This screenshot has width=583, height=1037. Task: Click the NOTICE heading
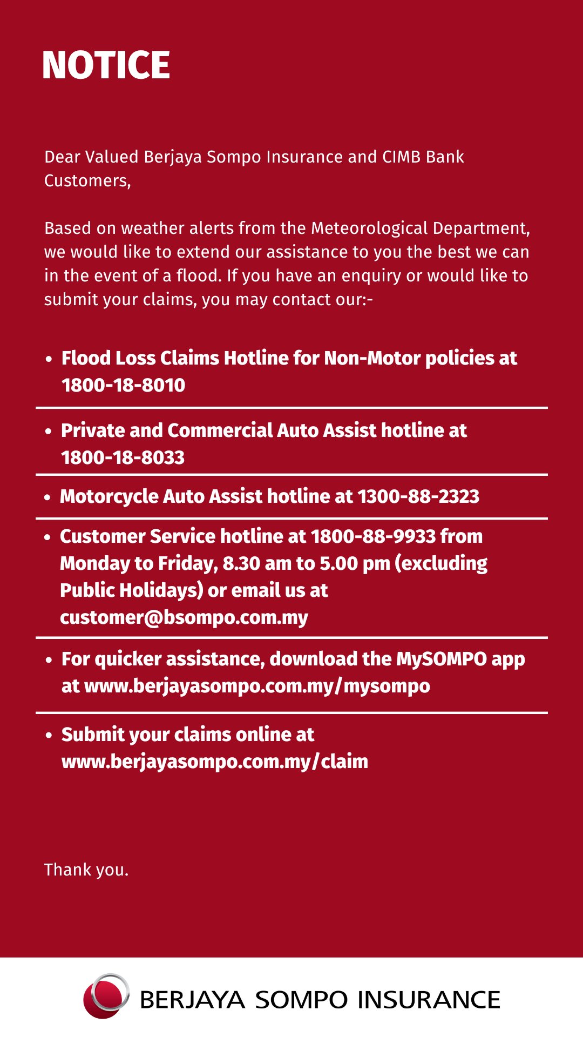point(106,65)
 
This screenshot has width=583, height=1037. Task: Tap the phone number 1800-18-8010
point(123,386)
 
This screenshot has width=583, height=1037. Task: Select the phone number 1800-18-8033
point(123,458)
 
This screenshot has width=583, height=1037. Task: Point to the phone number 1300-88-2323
point(418,497)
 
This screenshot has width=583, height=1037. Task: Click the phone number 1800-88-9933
point(374,536)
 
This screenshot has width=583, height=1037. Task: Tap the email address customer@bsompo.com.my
point(184,617)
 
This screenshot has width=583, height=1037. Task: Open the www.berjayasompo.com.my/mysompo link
point(257,686)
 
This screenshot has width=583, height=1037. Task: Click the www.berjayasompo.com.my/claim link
point(215,762)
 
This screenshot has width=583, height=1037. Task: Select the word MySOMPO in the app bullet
point(442,659)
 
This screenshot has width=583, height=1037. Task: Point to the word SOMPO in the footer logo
point(301,1000)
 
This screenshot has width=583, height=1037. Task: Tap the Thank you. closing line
point(86,870)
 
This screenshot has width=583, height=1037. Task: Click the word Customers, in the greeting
point(87,181)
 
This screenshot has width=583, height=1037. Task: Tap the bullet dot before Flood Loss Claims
point(49,359)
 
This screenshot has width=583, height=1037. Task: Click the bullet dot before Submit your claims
point(49,736)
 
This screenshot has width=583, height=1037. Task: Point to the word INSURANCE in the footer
point(429,1000)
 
